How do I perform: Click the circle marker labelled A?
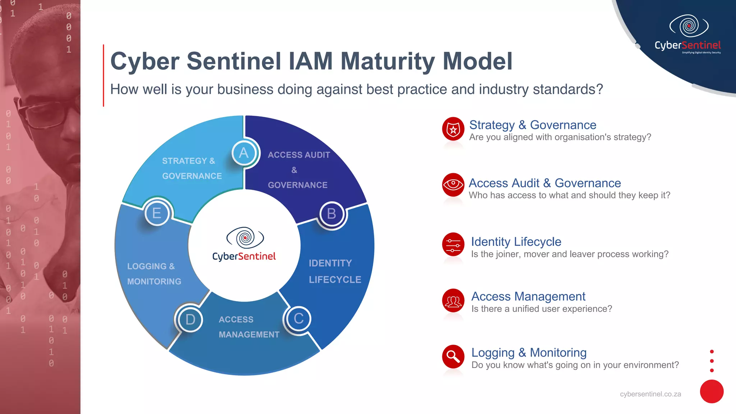(x=244, y=153)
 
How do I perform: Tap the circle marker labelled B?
(x=331, y=214)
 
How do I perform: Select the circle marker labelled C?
(x=299, y=319)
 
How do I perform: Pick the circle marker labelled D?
(x=190, y=319)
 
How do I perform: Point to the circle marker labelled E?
(x=157, y=213)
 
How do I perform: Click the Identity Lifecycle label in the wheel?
(x=335, y=271)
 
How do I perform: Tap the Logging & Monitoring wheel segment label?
(x=154, y=274)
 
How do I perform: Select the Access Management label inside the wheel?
(x=249, y=327)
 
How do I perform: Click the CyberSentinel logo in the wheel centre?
(x=244, y=244)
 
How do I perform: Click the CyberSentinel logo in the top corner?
(x=688, y=34)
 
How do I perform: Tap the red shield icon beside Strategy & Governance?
(x=453, y=129)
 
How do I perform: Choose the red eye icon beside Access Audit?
(x=453, y=184)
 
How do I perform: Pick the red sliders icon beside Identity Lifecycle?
(x=453, y=245)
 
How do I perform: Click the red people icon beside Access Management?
(x=453, y=301)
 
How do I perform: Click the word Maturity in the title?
(x=388, y=61)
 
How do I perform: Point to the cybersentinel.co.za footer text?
(x=650, y=394)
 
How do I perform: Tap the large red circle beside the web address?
(x=712, y=391)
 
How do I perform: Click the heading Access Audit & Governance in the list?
(x=544, y=183)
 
